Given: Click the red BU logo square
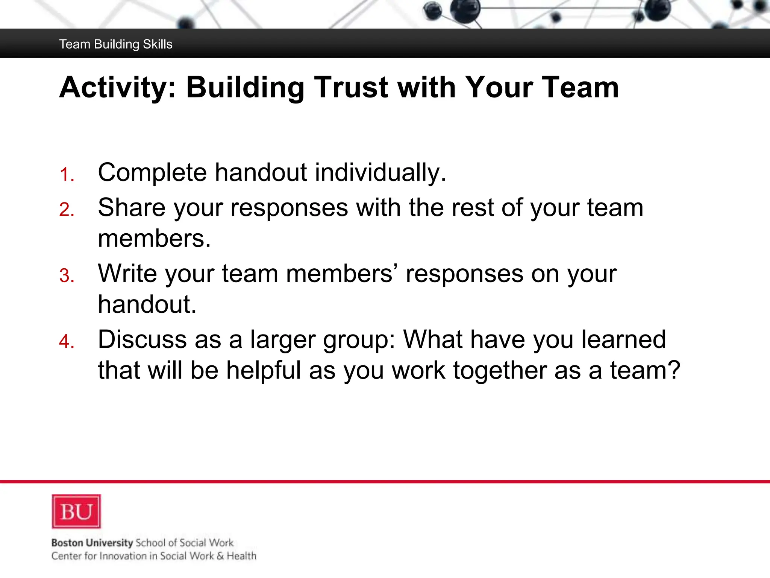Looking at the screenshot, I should coord(76,511).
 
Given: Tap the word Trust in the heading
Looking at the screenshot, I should coord(351,88).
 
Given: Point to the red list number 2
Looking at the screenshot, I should coord(67,210).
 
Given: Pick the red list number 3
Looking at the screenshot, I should coord(67,276).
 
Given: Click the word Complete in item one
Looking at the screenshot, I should coord(152,172).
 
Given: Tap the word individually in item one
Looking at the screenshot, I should coord(380,172).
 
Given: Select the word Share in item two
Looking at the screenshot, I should coord(132,207).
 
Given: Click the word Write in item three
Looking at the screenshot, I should coord(127,273).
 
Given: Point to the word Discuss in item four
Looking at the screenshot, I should coord(142,339).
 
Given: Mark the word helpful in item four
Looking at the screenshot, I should coord(264,370).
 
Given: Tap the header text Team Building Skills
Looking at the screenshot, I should coord(116,44).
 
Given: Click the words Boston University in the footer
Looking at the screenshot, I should coord(92,543).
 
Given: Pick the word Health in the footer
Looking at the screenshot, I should coord(241,556).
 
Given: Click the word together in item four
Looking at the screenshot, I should coord(500,370).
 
